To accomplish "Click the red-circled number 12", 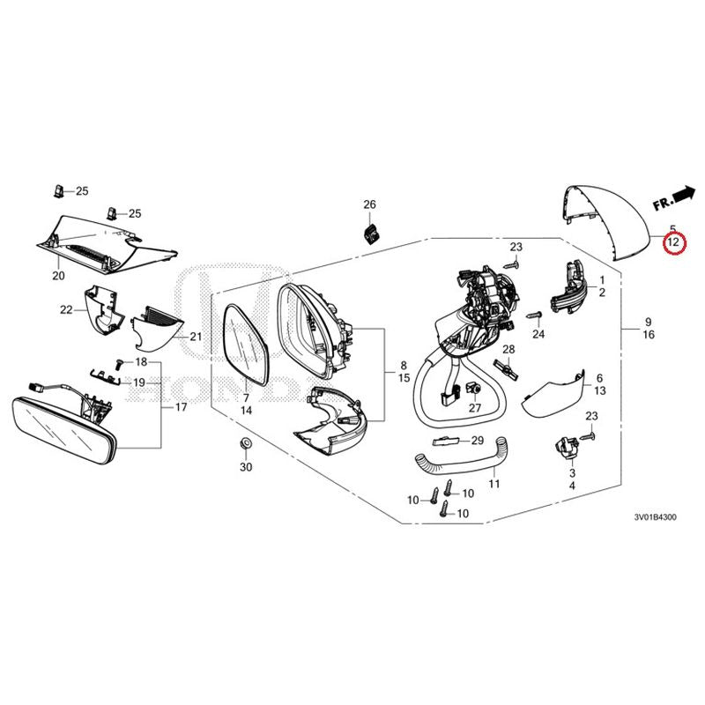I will coord(673,242).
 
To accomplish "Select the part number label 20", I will coord(59,276).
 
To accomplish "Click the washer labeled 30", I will coord(245,442).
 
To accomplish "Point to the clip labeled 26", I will coord(371,234).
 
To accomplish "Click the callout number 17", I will coord(181,407).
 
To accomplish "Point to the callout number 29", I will coord(478,440).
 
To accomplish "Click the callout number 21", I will coord(195,337).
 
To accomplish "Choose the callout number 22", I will coord(66,308).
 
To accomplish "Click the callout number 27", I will coord(474,408).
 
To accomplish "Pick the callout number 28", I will coord(508,351).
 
